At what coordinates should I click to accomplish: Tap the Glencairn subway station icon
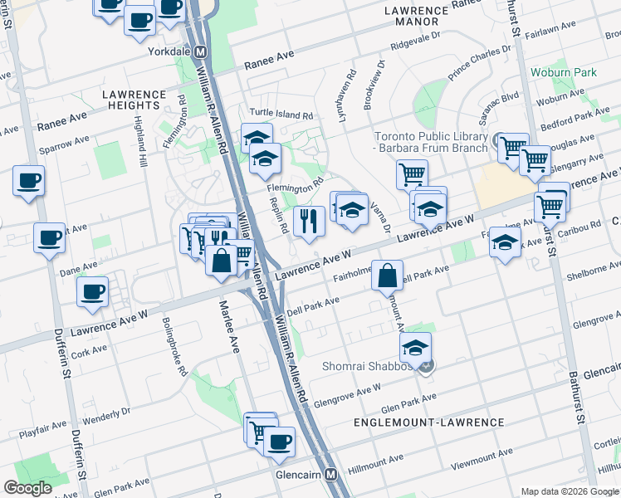tap(331, 475)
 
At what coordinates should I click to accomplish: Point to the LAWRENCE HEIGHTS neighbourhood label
tap(132, 100)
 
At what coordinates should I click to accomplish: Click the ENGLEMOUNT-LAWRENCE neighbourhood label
tap(428, 422)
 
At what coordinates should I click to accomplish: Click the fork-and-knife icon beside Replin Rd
tap(309, 222)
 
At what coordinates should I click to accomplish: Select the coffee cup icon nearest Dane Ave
tap(91, 291)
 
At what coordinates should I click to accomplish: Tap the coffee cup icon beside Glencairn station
tap(280, 441)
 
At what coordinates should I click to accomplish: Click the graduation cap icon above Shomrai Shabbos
tap(416, 346)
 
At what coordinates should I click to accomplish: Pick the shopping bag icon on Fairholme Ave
tap(388, 275)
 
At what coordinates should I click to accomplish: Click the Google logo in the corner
tap(29, 488)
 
